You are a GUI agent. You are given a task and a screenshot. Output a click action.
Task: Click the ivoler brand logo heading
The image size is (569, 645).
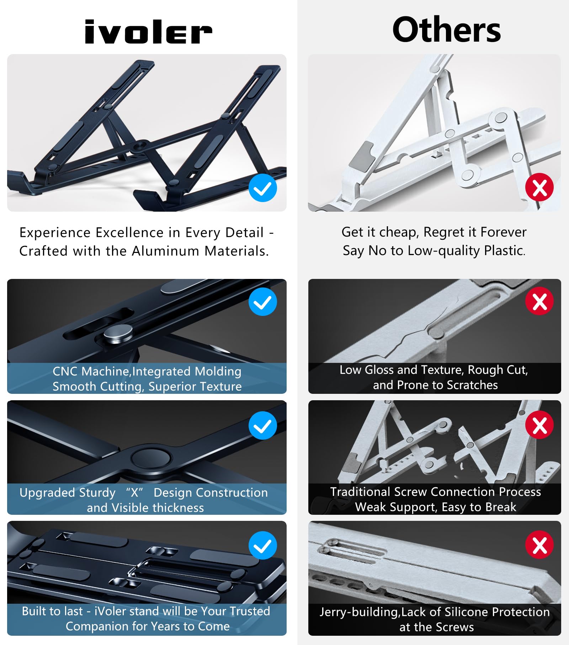[148, 32]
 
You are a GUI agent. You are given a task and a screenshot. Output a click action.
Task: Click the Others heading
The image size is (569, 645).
[447, 30]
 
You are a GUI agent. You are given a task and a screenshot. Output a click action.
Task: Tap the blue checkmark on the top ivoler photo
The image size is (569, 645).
[263, 188]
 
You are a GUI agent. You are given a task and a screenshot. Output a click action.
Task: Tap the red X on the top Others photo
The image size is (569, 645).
[539, 187]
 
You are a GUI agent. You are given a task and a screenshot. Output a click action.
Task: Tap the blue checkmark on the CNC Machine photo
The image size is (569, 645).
[263, 302]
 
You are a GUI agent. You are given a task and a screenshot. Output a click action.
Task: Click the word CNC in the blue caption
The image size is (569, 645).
[65, 371]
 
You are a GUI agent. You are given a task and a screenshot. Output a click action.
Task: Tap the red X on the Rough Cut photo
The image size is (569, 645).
[539, 301]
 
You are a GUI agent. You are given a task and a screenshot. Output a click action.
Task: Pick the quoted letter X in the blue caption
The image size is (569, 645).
[134, 493]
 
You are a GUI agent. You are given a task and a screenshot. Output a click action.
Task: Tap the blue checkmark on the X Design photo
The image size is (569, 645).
[263, 425]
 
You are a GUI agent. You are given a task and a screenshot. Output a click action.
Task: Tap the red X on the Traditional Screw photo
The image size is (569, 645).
[539, 425]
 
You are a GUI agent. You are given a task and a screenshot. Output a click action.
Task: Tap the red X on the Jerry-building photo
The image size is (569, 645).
[539, 545]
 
